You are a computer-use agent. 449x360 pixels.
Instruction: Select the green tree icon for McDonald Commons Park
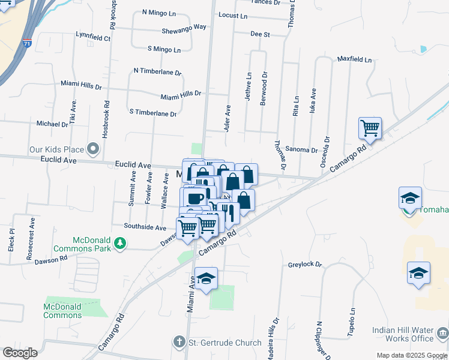point(121,242)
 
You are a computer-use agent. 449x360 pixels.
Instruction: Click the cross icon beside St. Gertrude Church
point(178,343)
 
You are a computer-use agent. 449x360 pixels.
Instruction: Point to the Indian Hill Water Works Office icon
point(442,331)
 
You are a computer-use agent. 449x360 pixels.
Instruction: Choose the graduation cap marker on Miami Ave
point(206,278)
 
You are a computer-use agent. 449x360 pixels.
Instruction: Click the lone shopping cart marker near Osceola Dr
point(370,128)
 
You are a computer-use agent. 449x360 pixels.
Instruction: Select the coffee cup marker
point(195,199)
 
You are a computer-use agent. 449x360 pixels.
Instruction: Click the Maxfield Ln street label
point(354,61)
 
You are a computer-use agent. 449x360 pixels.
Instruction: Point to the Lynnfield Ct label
point(93,37)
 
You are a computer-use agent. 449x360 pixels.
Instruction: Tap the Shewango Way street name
point(184,28)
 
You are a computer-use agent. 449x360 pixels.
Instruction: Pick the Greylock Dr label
point(305,265)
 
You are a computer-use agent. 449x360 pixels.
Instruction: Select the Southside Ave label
point(145,227)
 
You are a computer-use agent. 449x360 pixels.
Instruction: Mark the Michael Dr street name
point(52,124)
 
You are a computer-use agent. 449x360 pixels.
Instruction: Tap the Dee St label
point(260,35)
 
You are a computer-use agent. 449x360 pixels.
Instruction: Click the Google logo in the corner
point(20,353)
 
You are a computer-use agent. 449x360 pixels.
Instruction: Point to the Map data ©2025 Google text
point(412,355)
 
